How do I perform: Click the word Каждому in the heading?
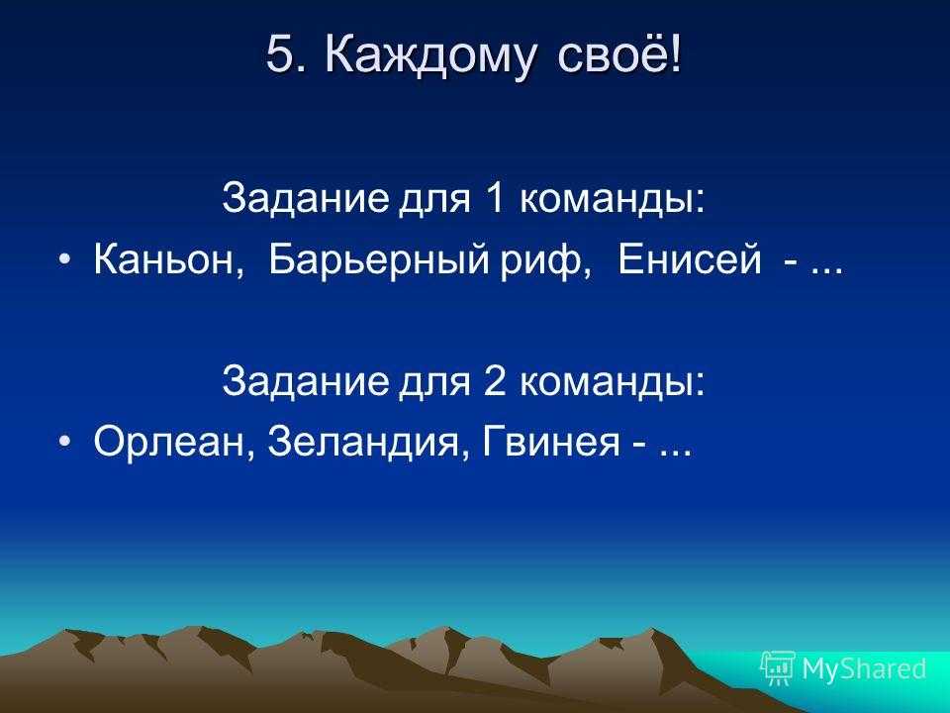tap(430, 56)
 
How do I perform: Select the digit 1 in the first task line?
tap(494, 198)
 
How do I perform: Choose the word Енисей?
tap(690, 259)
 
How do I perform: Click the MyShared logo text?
tap(864, 668)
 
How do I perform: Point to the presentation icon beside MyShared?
tap(778, 667)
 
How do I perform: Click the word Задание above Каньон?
tap(305, 199)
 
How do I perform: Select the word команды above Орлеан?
tap(613, 382)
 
